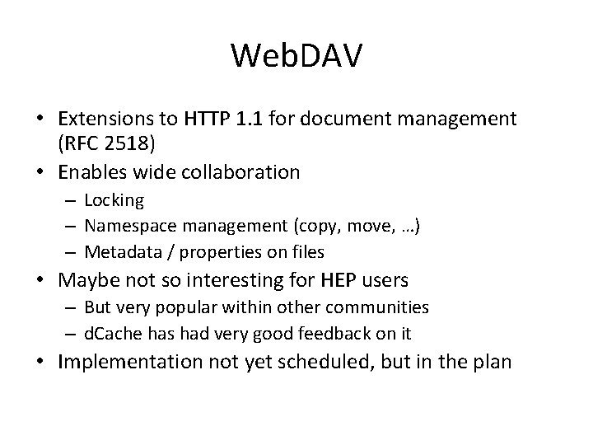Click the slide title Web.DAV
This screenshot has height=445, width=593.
coord(296,55)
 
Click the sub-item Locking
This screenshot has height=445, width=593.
coord(114,200)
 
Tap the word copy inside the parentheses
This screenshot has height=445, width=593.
coord(303,226)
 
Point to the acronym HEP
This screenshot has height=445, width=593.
coord(335,280)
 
